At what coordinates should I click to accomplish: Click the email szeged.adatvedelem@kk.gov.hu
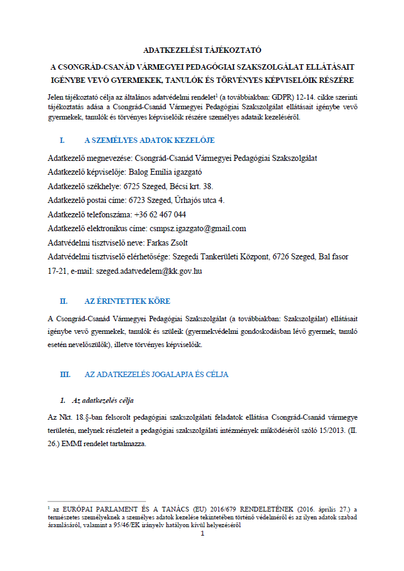pyautogui.click(x=149, y=271)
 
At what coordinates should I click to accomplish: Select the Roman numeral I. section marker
pyautogui.click(x=62, y=140)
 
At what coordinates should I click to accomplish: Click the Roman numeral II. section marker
pyautogui.click(x=64, y=300)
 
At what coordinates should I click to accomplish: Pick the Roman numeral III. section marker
pyautogui.click(x=65, y=374)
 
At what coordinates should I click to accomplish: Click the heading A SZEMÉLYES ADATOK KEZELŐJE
pyautogui.click(x=149, y=140)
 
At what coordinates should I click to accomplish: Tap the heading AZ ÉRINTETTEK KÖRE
pyautogui.click(x=131, y=300)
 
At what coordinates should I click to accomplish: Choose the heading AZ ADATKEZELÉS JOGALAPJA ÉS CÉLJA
pyautogui.click(x=157, y=374)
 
